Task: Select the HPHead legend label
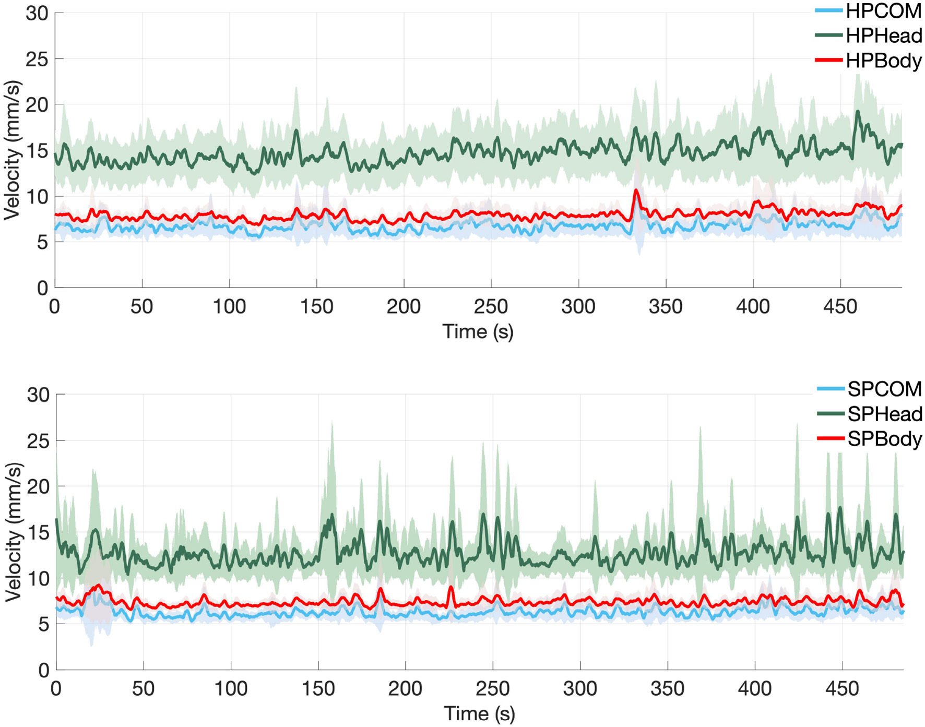pyautogui.click(x=883, y=35)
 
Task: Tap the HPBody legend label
pyautogui.click(x=883, y=61)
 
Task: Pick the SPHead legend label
pyautogui.click(x=884, y=414)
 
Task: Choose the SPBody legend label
pyautogui.click(x=884, y=439)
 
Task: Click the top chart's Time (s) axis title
pyautogui.click(x=478, y=332)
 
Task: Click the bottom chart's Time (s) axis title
pyautogui.click(x=479, y=713)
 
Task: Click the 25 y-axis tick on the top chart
pyautogui.click(x=37, y=59)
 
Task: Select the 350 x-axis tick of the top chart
pyautogui.click(x=666, y=307)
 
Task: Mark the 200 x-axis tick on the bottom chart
pyautogui.click(x=405, y=689)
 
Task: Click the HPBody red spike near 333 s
pyautogui.click(x=636, y=191)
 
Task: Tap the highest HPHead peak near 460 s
pyautogui.click(x=857, y=112)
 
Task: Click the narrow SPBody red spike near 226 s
pyautogui.click(x=451, y=588)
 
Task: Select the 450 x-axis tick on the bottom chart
pyautogui.click(x=842, y=689)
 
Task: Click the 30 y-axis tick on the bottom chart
pyautogui.click(x=38, y=395)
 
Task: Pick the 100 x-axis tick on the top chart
pyautogui.click(x=229, y=307)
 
